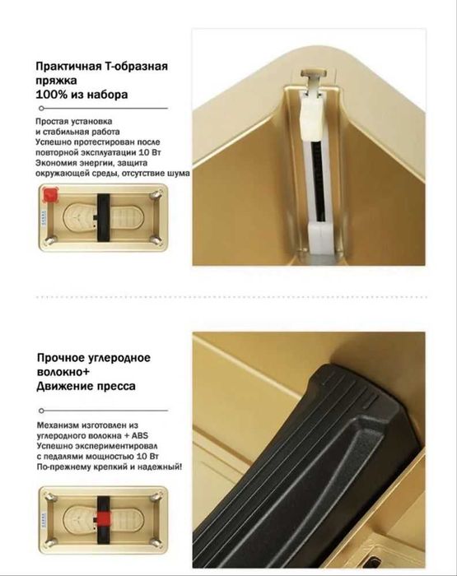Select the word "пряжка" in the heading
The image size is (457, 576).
[x=56, y=81]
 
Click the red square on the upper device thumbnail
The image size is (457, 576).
[x=51, y=196]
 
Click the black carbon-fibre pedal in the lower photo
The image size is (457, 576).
[x=296, y=461]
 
